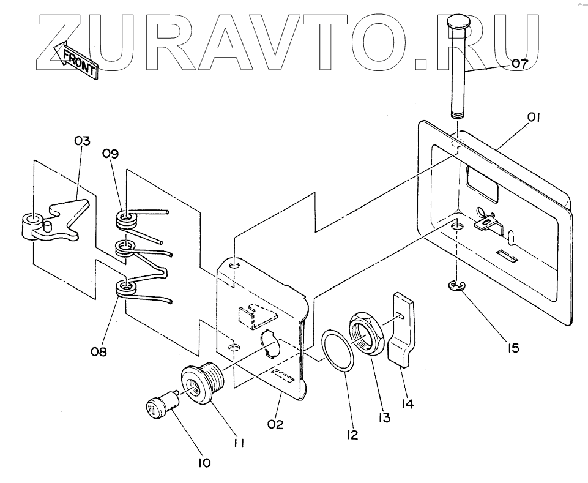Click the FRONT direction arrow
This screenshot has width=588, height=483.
(x=75, y=61)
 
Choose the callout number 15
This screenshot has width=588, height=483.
(x=513, y=348)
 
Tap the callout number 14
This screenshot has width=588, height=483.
(x=407, y=404)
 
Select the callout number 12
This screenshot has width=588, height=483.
(x=351, y=435)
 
